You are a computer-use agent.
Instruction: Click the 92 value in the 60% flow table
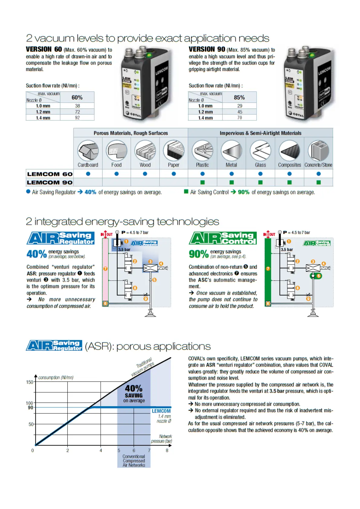point(77,118)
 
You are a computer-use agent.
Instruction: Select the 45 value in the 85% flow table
point(240,112)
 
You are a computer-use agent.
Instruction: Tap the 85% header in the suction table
point(239,97)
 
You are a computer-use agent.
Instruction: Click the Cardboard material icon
point(88,151)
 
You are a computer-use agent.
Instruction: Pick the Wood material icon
point(145,151)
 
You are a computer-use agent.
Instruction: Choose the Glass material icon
point(260,151)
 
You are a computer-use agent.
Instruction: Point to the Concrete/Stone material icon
point(318,151)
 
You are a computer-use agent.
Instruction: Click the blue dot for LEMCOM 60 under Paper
point(174,174)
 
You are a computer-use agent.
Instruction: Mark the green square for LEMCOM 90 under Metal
point(232,182)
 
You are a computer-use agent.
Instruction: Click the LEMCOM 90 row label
point(50,182)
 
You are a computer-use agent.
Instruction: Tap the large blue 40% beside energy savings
point(36,254)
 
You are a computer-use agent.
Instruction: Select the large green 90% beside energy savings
point(199,254)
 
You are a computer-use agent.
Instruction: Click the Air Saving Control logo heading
point(223,238)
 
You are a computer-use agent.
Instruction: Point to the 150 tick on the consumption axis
point(29,382)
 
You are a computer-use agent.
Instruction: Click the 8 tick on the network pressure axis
point(167,450)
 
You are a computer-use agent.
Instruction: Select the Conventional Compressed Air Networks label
point(134,461)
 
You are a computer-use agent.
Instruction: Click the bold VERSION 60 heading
point(44,49)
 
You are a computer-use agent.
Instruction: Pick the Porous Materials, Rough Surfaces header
point(131,133)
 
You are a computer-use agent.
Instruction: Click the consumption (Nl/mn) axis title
point(56,378)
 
